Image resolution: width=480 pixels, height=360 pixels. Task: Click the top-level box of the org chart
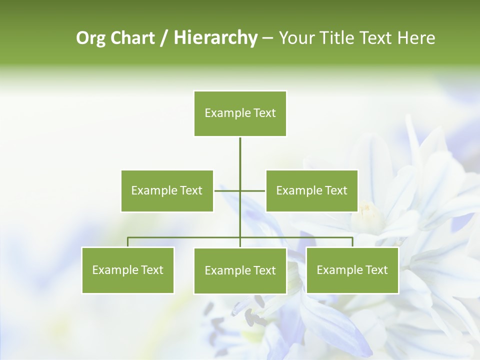240,113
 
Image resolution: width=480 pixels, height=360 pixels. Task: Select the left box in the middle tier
167,190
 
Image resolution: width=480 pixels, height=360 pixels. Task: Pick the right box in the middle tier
311,190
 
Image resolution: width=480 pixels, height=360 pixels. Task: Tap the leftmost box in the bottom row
127,270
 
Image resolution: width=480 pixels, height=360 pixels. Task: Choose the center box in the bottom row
240,270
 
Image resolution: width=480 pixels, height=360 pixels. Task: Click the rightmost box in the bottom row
352,270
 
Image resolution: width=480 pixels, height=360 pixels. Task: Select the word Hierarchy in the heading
215,38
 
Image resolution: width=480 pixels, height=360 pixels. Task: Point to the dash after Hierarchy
267,38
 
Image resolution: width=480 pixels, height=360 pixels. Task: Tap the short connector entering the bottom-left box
127,242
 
